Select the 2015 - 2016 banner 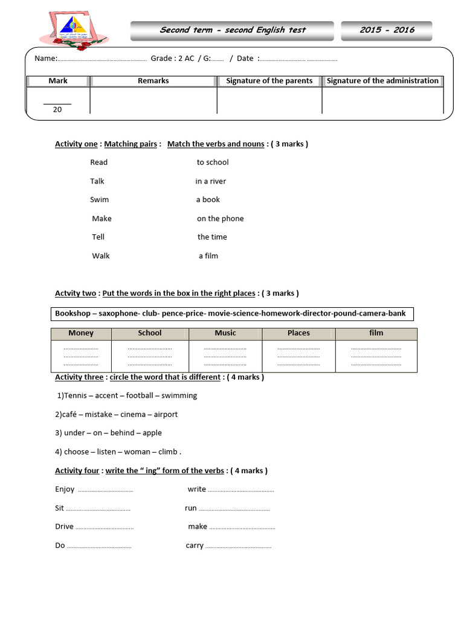(387, 30)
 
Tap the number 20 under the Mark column (57, 109)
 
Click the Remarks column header (153, 81)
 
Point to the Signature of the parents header (269, 81)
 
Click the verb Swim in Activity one (100, 200)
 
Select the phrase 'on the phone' (221, 218)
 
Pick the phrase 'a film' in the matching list (208, 256)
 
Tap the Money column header (81, 333)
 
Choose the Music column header (225, 333)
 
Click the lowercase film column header (376, 333)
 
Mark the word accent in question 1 (107, 396)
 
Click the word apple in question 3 (152, 433)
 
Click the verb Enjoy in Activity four (65, 489)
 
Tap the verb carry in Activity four (195, 546)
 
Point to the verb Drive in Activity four (64, 527)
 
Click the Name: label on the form (45, 59)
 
